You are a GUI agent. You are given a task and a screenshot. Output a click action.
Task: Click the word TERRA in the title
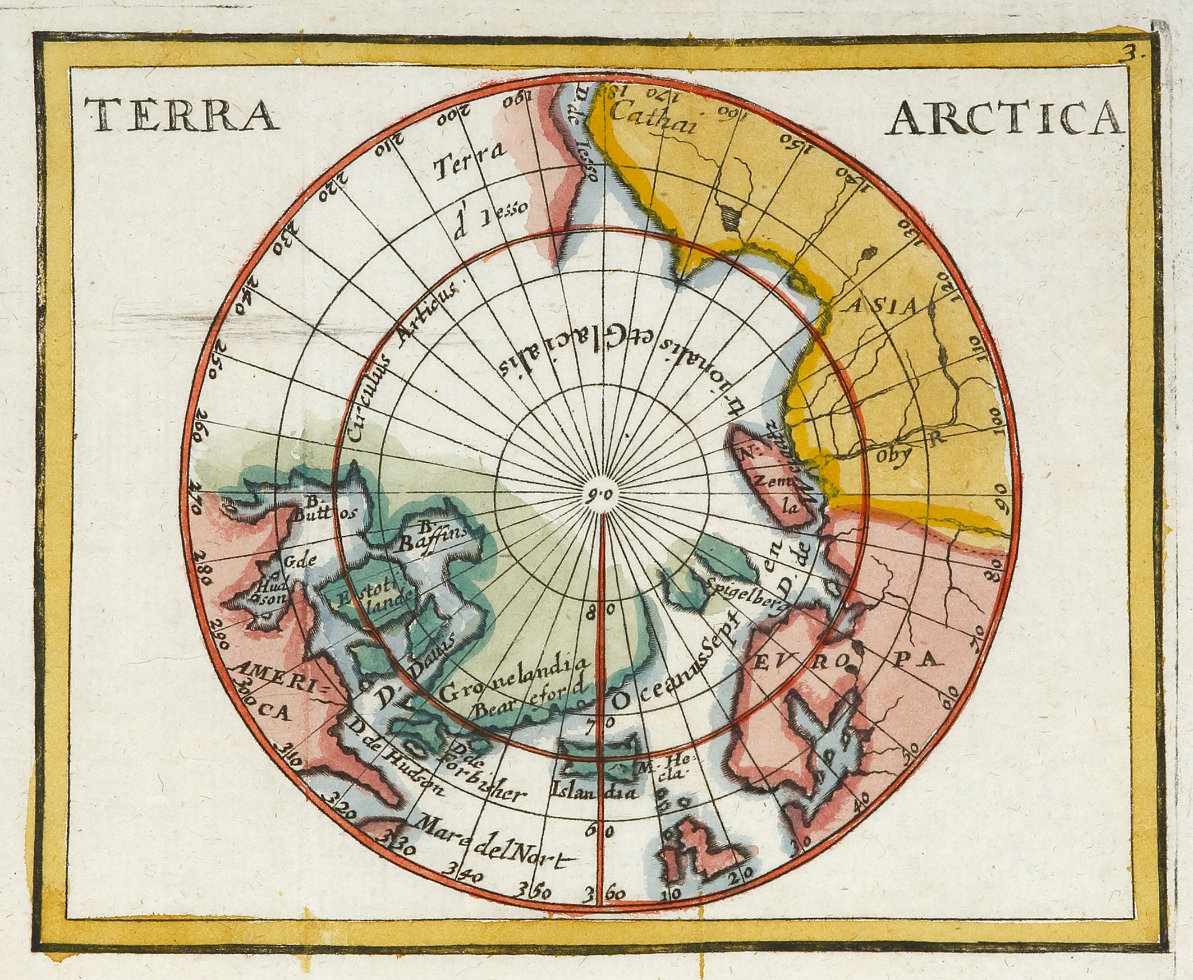click(182, 115)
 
